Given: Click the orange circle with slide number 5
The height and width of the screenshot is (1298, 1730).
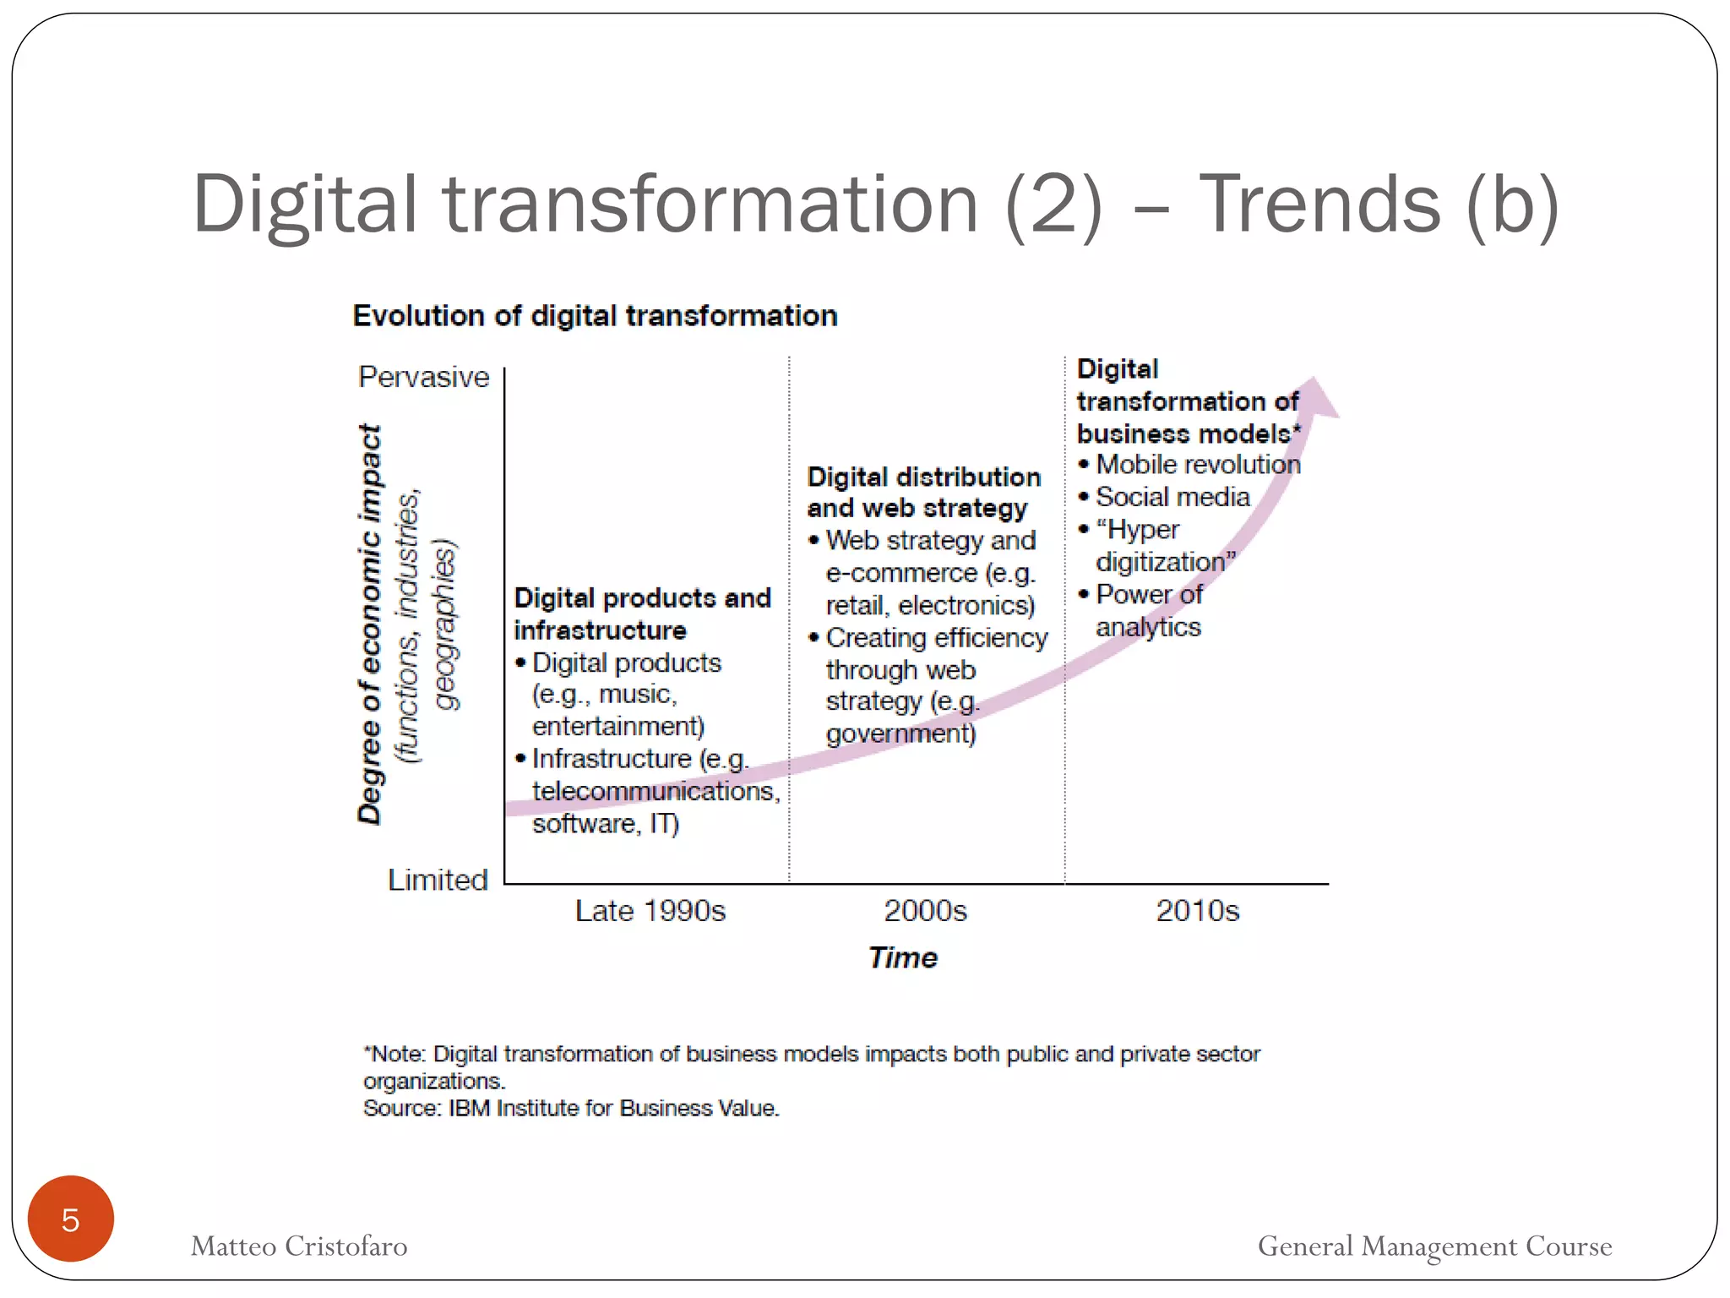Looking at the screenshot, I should (70, 1219).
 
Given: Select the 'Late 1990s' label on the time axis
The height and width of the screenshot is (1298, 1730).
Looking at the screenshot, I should (650, 911).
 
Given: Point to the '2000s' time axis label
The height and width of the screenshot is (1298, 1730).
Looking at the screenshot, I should (925, 911).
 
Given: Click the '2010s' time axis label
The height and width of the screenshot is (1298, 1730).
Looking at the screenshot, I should (1197, 911).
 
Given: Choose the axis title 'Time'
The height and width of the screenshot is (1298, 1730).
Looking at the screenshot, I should (902, 957).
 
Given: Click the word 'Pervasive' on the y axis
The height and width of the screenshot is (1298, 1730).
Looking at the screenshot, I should (423, 377).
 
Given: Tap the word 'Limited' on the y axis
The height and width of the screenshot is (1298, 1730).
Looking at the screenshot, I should (438, 881).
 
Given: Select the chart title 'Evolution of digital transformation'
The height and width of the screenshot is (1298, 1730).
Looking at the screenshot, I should (595, 316).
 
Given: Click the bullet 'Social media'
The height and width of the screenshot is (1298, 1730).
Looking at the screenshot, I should (1172, 497).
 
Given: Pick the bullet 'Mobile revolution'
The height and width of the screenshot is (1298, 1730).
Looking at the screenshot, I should (1197, 465).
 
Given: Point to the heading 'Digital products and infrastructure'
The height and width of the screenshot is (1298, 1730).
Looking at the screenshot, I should (642, 614).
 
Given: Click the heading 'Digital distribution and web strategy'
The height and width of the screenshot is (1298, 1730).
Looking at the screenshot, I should (922, 492).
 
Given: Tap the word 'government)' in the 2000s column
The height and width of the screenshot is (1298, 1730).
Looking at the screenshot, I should (900, 734).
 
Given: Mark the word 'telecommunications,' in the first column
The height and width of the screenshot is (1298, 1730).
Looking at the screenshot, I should (656, 791).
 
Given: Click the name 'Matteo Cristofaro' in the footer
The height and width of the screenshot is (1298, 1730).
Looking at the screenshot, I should (299, 1246).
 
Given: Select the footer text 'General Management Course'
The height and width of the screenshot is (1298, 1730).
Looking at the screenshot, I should (1434, 1246).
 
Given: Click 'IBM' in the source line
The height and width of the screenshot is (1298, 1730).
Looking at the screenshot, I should (469, 1108).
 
